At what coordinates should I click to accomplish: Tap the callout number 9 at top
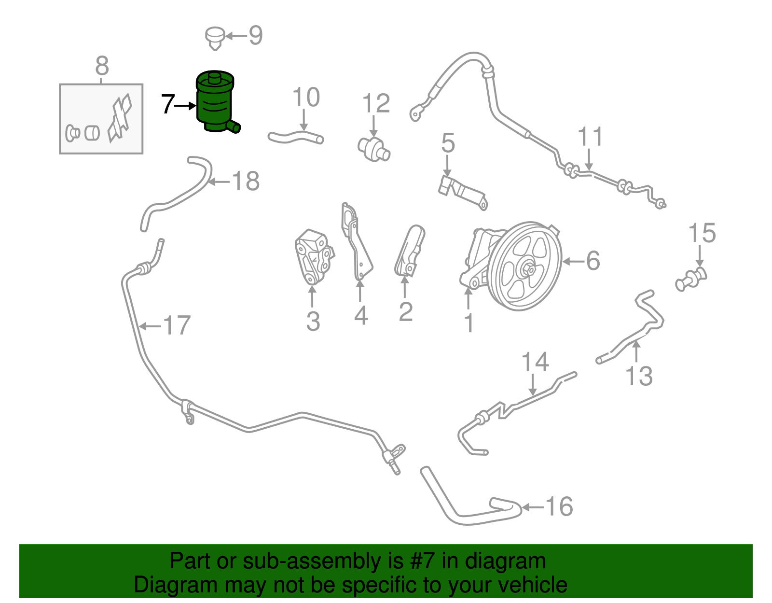255,35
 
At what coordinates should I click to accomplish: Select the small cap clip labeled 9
215,37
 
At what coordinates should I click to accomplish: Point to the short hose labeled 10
295,138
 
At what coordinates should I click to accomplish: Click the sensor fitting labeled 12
373,148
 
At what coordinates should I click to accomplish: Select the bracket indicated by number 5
462,191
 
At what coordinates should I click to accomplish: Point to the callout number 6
593,261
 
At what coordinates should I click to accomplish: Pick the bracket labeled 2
410,251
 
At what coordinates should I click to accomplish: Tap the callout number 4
361,315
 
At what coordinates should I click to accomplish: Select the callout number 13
639,376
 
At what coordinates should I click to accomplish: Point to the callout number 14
535,362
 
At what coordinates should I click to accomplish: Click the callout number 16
559,506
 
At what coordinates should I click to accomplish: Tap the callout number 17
177,325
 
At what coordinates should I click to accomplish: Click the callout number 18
246,182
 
